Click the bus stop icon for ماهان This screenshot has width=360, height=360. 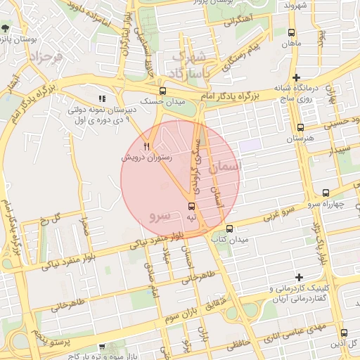click(292, 33)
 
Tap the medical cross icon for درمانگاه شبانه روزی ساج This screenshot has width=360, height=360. click(297, 78)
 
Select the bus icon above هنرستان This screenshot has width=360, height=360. click(301, 127)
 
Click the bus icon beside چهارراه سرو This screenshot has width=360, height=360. click(326, 193)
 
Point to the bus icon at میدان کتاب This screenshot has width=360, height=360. click(229, 229)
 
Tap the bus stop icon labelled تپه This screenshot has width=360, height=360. click(191, 206)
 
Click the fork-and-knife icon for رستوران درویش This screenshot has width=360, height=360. click(146, 146)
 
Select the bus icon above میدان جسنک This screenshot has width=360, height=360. click(163, 91)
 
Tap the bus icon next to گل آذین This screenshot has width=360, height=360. click(344, 333)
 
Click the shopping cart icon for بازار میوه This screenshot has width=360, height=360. click(103, 347)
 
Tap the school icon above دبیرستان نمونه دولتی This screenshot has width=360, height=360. click(102, 99)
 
